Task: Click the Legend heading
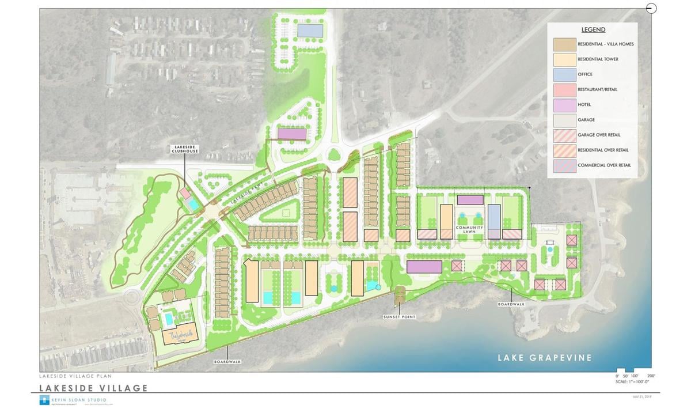pyautogui.click(x=593, y=30)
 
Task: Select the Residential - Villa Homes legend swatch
pyautogui.click(x=565, y=44)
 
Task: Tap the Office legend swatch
pyautogui.click(x=565, y=74)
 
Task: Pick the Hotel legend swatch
pyautogui.click(x=565, y=105)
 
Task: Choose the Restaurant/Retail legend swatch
pyautogui.click(x=565, y=90)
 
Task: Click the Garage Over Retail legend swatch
pyautogui.click(x=565, y=135)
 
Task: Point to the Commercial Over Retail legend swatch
pyautogui.click(x=565, y=165)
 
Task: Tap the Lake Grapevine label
pyautogui.click(x=545, y=358)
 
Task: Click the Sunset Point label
pyautogui.click(x=399, y=317)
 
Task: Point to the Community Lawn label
pyautogui.click(x=469, y=229)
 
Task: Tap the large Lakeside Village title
pyautogui.click(x=93, y=388)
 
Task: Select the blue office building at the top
pyautogui.click(x=310, y=29)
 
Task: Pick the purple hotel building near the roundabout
pyautogui.click(x=292, y=134)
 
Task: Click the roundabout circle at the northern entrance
pyautogui.click(x=334, y=154)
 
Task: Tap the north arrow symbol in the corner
pyautogui.click(x=651, y=8)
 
